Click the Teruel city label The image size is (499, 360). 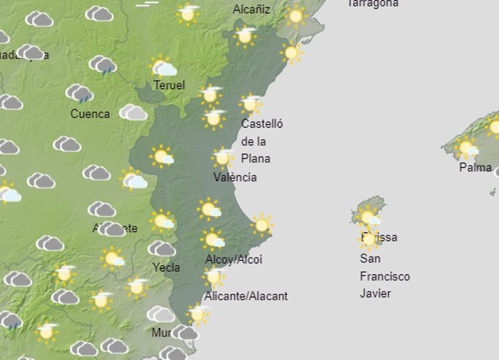[x=169, y=85]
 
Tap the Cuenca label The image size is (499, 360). [x=90, y=113]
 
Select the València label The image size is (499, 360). [x=235, y=177]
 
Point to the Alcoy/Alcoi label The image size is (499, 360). [x=234, y=260]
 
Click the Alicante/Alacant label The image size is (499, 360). [x=246, y=296]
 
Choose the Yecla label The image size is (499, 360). [x=166, y=267]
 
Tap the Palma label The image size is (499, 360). [x=475, y=167]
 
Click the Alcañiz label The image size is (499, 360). [x=252, y=9]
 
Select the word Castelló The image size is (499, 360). [x=262, y=124]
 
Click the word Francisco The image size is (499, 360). [x=385, y=276]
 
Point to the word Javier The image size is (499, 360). [x=375, y=293]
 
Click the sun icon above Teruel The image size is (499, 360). [x=163, y=67]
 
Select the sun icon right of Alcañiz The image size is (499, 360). [x=295, y=15]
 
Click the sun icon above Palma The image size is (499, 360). [x=468, y=148]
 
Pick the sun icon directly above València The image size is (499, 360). [x=223, y=157]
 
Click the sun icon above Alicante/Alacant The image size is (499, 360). [x=213, y=275]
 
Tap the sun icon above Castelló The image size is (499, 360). [x=250, y=103]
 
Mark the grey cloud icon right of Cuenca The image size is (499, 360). [x=133, y=112]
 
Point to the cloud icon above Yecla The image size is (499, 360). [x=161, y=249]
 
